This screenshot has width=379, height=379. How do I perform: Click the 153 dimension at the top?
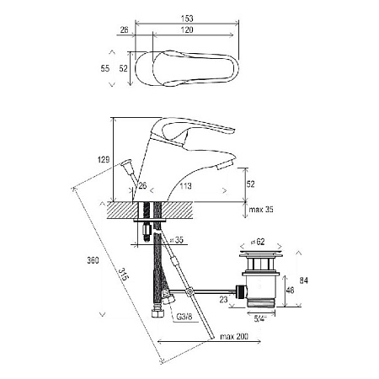point(187,19)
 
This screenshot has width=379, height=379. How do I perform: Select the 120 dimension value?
point(187,29)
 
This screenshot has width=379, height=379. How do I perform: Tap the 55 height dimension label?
point(105,68)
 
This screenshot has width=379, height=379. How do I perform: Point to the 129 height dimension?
point(104,160)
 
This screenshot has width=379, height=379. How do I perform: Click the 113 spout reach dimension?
point(185,186)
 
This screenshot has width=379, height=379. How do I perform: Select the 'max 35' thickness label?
point(261,210)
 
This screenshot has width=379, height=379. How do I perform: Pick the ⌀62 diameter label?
point(258,242)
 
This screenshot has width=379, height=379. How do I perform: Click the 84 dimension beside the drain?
point(304,280)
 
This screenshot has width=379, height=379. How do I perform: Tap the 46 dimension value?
point(290,290)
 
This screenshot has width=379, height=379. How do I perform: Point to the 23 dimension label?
point(223,300)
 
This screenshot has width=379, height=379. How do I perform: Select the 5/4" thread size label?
point(260,318)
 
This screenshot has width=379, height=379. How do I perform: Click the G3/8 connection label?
point(184,317)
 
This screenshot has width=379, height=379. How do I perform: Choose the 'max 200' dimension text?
point(234,336)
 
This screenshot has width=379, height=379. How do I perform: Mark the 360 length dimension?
point(93,260)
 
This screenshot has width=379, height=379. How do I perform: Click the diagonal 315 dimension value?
point(124,275)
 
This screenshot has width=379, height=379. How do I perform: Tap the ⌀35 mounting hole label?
point(177,240)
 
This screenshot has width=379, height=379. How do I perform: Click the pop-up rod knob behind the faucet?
point(126,163)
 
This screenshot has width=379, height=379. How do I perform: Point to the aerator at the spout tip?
point(225,164)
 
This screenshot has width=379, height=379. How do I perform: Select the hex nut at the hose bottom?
point(156,313)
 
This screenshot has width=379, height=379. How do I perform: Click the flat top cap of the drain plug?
point(260,255)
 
